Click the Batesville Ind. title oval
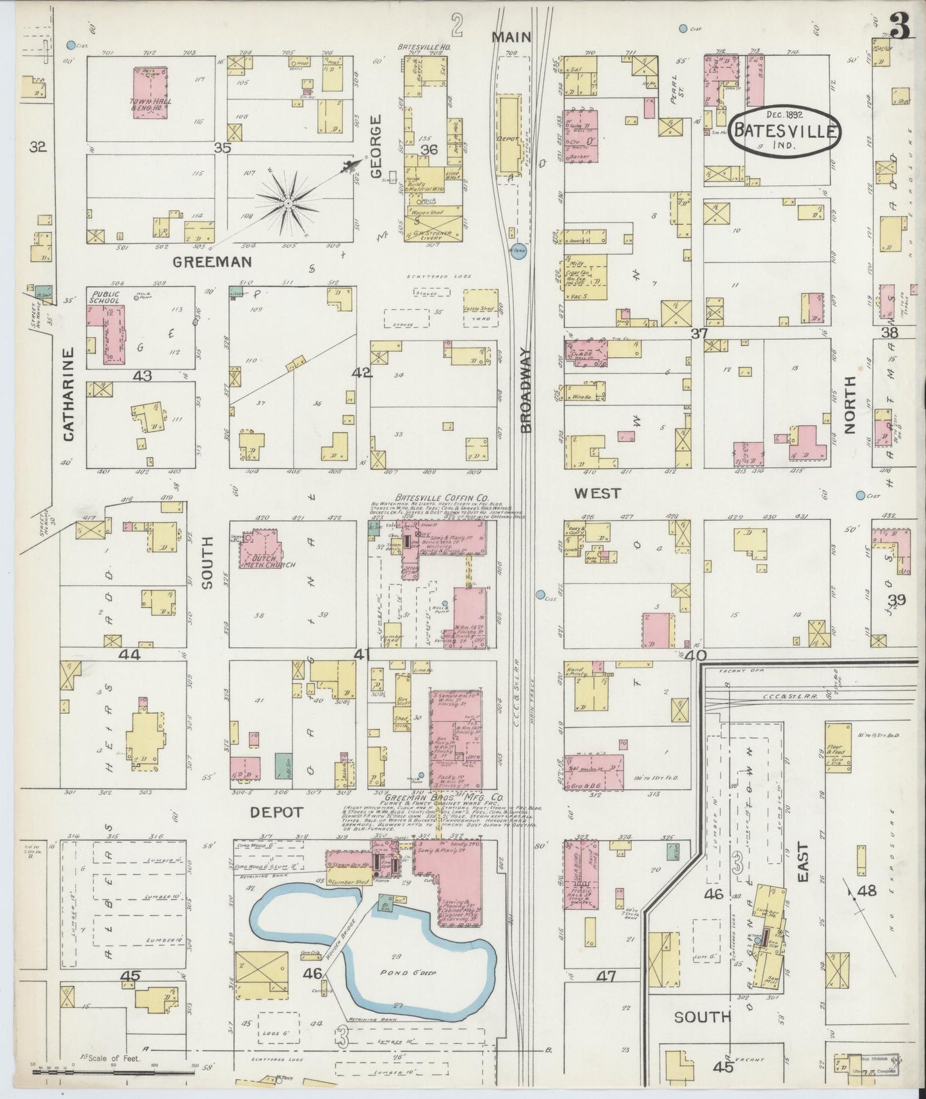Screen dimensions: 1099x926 pos(785,131)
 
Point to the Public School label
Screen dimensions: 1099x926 pos(105,296)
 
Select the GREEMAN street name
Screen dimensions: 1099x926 pos(211,262)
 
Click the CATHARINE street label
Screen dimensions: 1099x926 pos(69,394)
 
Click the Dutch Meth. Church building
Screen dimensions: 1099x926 pos(260,549)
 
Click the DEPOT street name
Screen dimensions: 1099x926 pos(276,812)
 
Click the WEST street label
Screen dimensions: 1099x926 pos(597,493)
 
